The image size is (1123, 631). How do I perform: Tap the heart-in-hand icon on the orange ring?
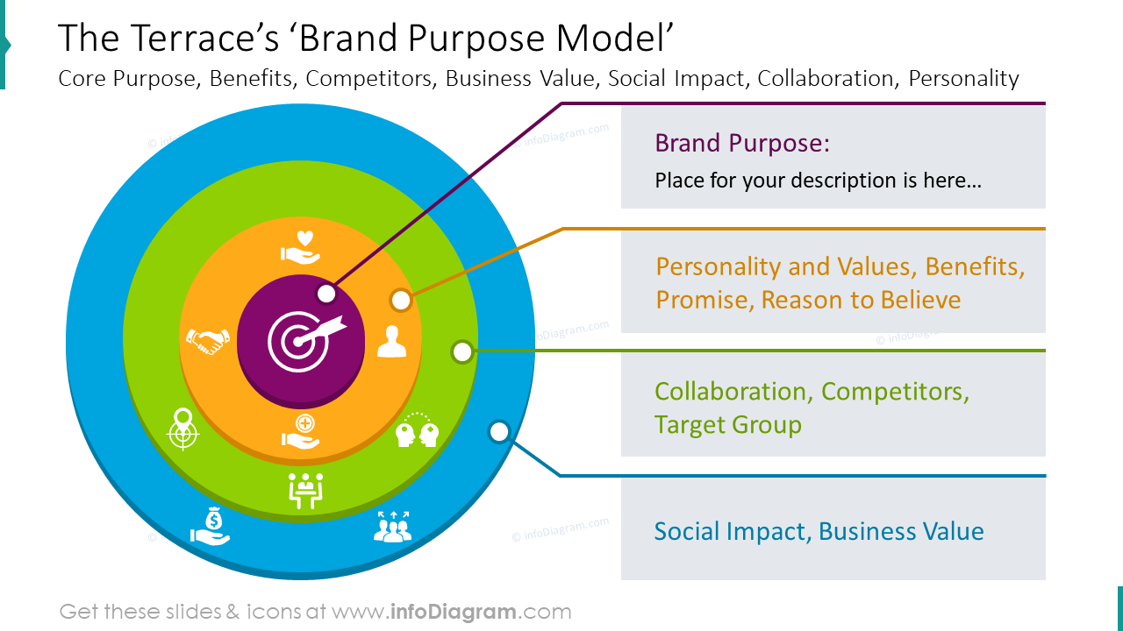[x=301, y=246]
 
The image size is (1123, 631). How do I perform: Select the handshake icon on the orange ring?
[x=208, y=341]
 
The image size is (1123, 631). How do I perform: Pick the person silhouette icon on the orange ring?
[x=391, y=341]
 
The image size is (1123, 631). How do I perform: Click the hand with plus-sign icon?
[x=301, y=432]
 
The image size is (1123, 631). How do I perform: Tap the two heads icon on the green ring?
[x=416, y=430]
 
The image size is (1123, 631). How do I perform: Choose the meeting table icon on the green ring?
[x=305, y=490]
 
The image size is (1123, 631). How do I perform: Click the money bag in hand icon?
[x=211, y=526]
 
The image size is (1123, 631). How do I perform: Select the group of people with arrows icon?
[x=392, y=526]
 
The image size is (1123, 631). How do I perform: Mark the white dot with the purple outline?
[x=326, y=294]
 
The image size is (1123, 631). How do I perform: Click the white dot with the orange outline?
[x=401, y=301]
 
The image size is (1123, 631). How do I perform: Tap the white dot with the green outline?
[x=462, y=352]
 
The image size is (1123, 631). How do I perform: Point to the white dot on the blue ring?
[x=499, y=431]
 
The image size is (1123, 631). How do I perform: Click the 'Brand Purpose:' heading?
[x=742, y=143]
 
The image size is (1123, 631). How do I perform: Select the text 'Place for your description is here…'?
[x=818, y=181]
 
